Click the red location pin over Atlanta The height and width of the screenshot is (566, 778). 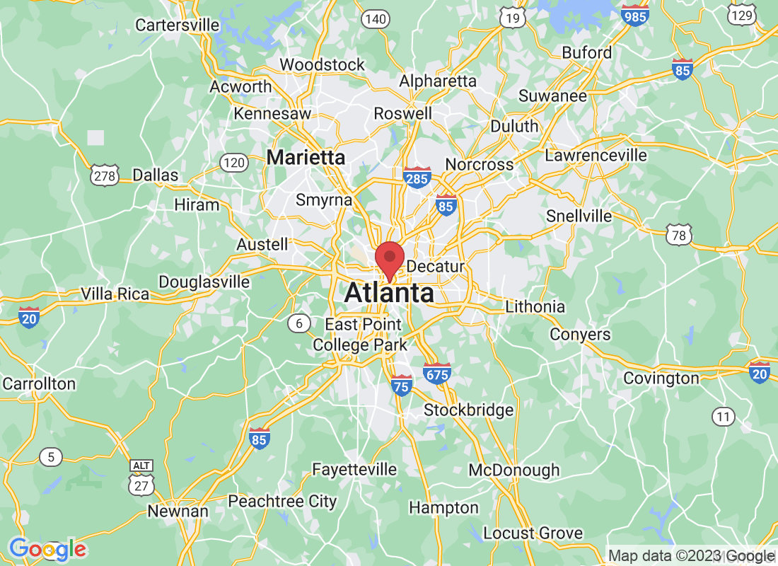(x=389, y=259)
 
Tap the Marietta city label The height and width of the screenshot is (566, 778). (x=306, y=157)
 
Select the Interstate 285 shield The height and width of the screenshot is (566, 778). (x=417, y=177)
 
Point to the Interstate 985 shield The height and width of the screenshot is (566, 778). (x=635, y=16)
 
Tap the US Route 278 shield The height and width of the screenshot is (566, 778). (x=105, y=175)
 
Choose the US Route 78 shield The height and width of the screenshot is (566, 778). (x=679, y=235)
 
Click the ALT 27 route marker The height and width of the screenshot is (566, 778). (x=140, y=479)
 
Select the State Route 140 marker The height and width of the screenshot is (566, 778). (x=375, y=19)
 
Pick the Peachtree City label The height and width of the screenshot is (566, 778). (x=282, y=502)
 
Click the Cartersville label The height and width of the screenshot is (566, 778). (x=178, y=25)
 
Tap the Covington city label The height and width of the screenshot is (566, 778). (x=661, y=379)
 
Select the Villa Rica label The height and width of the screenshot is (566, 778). (x=115, y=294)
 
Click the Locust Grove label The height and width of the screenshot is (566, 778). (x=533, y=533)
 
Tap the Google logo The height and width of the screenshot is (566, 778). (x=47, y=549)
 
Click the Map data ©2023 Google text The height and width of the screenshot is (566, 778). (x=692, y=556)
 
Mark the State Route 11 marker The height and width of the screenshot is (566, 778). (x=723, y=417)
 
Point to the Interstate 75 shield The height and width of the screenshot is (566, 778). (x=402, y=385)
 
